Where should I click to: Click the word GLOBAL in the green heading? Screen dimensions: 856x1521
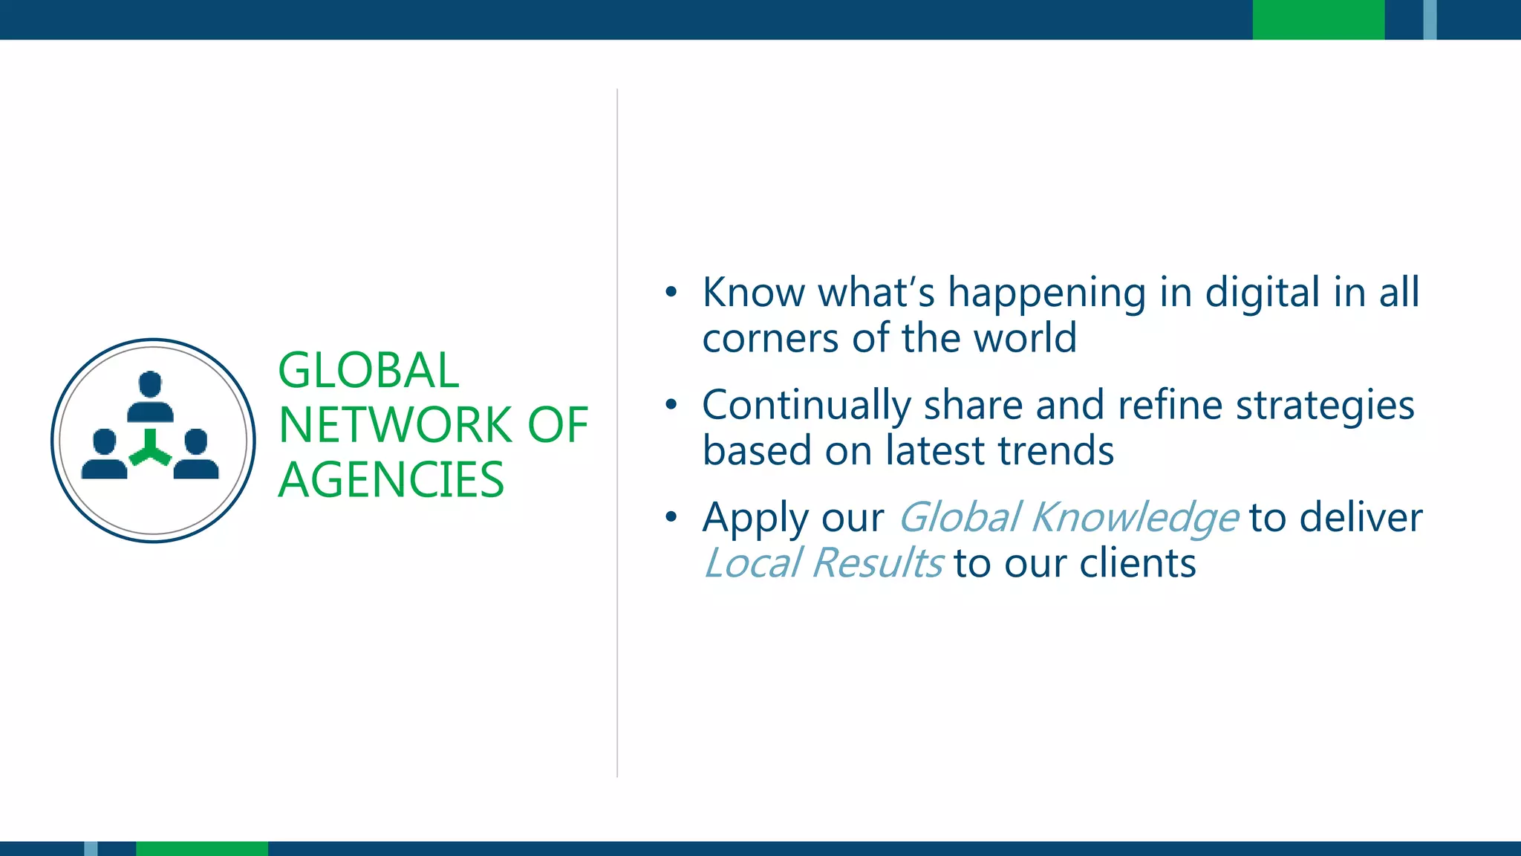[368, 371]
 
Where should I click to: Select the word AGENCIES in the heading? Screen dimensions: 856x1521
[391, 479]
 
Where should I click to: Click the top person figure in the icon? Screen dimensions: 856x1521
[150, 397]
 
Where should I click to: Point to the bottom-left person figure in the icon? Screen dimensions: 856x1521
[104, 454]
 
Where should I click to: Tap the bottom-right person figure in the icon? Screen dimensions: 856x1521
[196, 454]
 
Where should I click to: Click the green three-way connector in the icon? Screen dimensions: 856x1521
[150, 449]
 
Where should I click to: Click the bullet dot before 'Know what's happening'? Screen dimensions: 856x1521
[671, 292]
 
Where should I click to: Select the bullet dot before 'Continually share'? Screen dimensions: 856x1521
[671, 405]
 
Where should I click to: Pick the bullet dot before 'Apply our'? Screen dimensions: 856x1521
[671, 517]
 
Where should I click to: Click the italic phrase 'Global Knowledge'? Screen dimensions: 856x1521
[1067, 518]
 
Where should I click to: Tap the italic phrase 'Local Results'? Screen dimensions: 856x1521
[823, 563]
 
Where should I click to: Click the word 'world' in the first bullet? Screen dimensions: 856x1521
[1025, 338]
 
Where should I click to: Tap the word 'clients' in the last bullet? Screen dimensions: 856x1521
[1137, 563]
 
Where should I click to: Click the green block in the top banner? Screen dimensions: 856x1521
[1318, 19]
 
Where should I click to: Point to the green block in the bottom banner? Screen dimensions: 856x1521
[201, 849]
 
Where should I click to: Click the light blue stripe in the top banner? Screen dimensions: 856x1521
[1430, 19]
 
